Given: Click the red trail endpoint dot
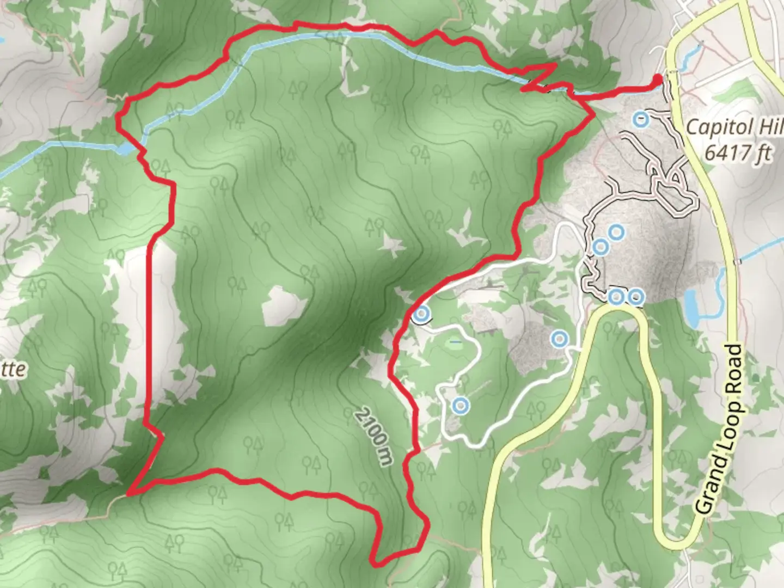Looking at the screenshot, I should coord(658,79).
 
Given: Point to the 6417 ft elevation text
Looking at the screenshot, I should coord(738,152).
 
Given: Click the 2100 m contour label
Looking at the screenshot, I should coord(374,436).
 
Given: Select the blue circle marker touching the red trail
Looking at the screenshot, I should coord(421,314).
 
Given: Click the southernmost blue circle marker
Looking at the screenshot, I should coord(461,406).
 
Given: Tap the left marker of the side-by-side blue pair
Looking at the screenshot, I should coord(616,297).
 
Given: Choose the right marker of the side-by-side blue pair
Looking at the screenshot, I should coord(636,297).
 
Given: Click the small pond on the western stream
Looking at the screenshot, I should coord(125,149).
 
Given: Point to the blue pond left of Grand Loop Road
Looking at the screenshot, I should coord(691,308).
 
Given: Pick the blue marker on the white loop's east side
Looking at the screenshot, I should coord(559,339).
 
